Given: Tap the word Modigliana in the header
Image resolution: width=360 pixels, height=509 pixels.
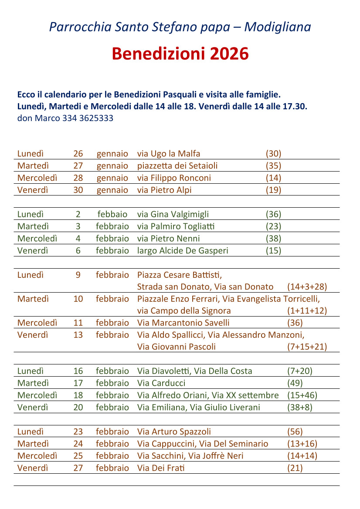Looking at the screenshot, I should tap(277, 27).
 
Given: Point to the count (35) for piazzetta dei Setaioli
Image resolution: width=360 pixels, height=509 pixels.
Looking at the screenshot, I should tap(273, 166).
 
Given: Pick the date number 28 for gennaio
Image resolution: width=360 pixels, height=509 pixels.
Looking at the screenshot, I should tap(78, 178).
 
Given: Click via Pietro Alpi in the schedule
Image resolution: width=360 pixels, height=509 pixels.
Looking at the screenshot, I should tap(164, 190).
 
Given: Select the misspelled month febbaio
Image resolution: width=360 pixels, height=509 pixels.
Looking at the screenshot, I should tap(112, 214).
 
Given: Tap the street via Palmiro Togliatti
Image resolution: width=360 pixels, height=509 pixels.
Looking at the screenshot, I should tap(176, 226).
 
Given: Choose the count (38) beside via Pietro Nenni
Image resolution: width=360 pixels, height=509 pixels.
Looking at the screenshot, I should tap(273, 239).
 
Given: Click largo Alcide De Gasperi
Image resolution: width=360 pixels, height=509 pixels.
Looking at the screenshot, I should tap(182, 251).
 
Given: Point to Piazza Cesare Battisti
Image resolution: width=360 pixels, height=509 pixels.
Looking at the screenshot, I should tap(180, 275).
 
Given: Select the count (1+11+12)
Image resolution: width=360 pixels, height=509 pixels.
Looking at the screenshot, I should tap(307, 311).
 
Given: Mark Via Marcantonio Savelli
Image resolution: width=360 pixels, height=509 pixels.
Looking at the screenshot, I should tap(183, 323).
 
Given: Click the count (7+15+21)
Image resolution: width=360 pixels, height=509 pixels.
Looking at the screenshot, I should tap(307, 347).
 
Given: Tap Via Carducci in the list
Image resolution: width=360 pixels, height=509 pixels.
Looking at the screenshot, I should tap(161, 384).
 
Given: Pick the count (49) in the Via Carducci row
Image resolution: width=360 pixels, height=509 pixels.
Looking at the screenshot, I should tap(295, 384).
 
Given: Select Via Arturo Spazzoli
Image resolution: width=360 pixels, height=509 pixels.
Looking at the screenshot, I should tap(174, 432).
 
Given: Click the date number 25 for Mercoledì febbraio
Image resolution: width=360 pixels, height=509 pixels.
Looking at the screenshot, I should tap(78, 456).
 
